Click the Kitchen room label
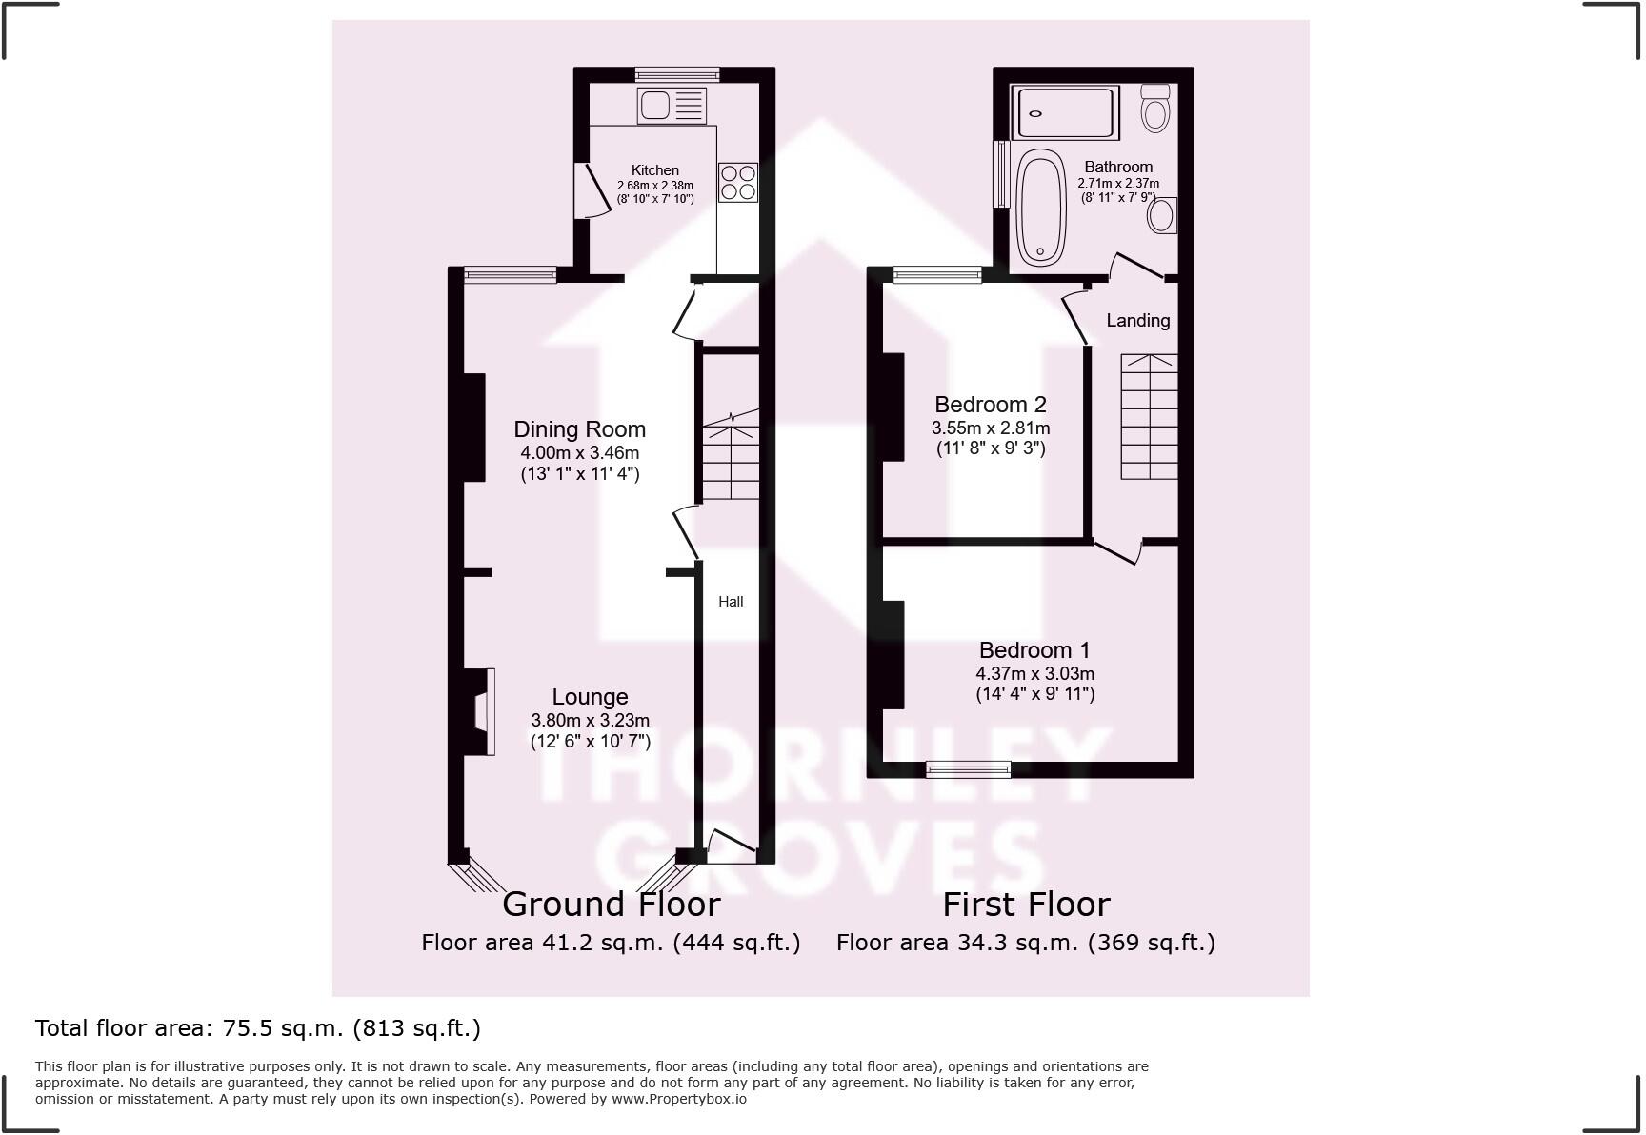click(654, 170)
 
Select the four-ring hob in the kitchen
click(738, 182)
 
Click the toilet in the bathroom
click(1155, 108)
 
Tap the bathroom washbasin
click(1162, 214)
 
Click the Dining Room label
click(579, 429)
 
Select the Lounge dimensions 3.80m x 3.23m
click(590, 721)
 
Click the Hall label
click(731, 602)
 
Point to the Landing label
click(1137, 321)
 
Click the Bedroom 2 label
click(990, 405)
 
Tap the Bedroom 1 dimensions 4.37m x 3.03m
click(1034, 674)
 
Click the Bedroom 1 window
click(968, 769)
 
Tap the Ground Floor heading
click(611, 904)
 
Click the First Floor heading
click(1026, 904)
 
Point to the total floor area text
click(257, 1028)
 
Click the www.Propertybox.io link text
click(678, 1099)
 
